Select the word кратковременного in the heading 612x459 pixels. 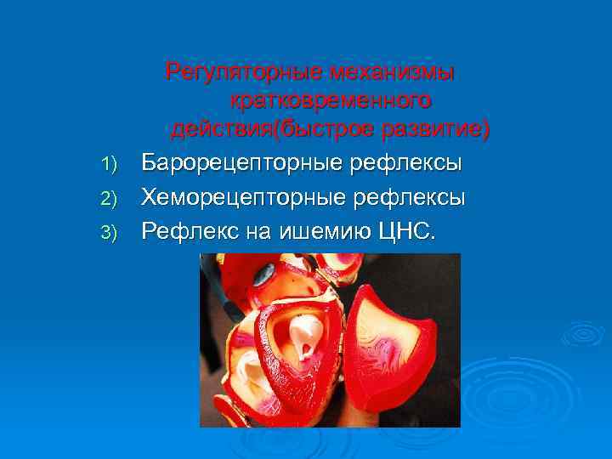point(330,100)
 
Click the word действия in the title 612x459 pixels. point(223,130)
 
